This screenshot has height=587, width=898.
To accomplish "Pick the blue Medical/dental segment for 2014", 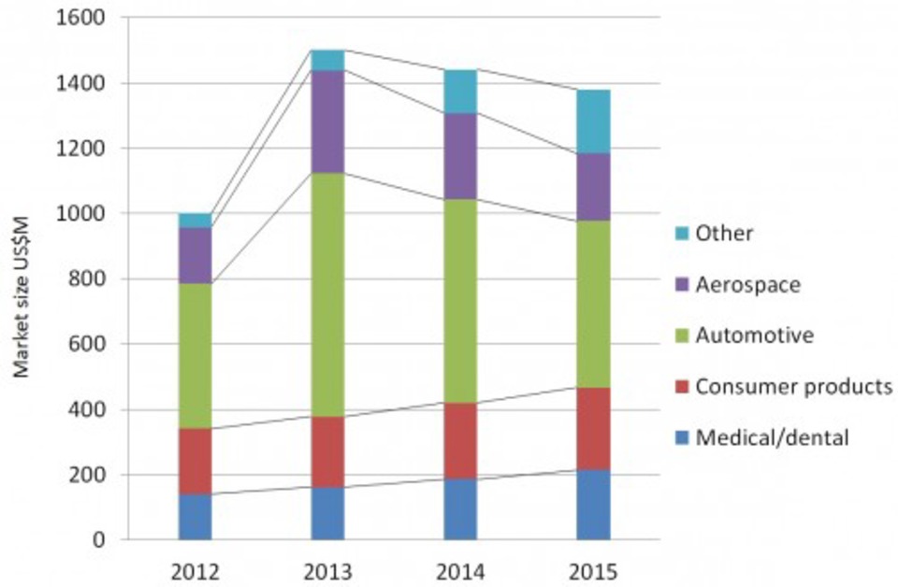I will [460, 508].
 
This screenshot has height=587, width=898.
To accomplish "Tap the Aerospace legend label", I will [747, 284].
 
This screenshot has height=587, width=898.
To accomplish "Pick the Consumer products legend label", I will [793, 386].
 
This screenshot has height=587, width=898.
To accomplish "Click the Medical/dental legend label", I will [772, 437].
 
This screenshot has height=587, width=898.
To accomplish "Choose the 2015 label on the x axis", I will [593, 570].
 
